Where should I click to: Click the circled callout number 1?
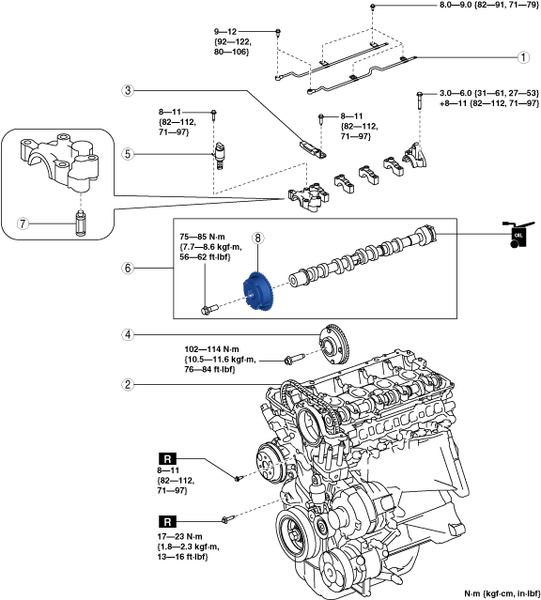point(523,57)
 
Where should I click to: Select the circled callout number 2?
point(128,384)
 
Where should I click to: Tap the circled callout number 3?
point(128,91)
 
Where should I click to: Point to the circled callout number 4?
point(128,335)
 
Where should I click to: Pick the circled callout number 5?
point(128,154)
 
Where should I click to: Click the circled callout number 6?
point(128,268)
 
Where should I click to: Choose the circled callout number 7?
point(23,223)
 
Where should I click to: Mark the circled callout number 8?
point(258,238)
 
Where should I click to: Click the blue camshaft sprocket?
point(257,292)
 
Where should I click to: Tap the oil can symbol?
point(518,235)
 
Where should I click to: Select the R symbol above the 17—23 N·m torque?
point(167,521)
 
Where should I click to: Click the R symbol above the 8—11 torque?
point(167,458)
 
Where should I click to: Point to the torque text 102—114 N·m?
point(211,349)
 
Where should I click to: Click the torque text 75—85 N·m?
point(202,237)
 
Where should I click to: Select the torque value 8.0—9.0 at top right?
point(455,6)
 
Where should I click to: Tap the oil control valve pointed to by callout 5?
point(219,155)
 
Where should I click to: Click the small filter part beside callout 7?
point(81,223)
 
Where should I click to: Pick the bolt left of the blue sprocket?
point(209,308)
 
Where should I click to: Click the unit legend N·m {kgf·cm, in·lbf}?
point(502,593)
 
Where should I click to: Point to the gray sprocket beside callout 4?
point(334,345)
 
